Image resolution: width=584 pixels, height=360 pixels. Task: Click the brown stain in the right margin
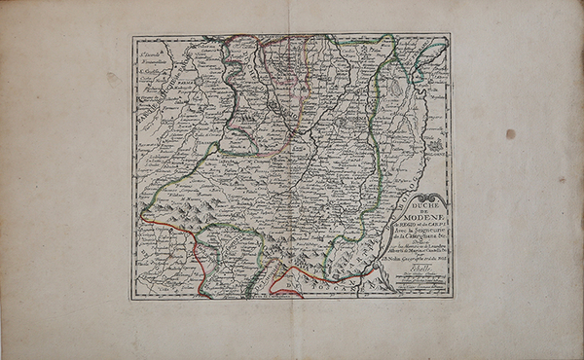[510, 133]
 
